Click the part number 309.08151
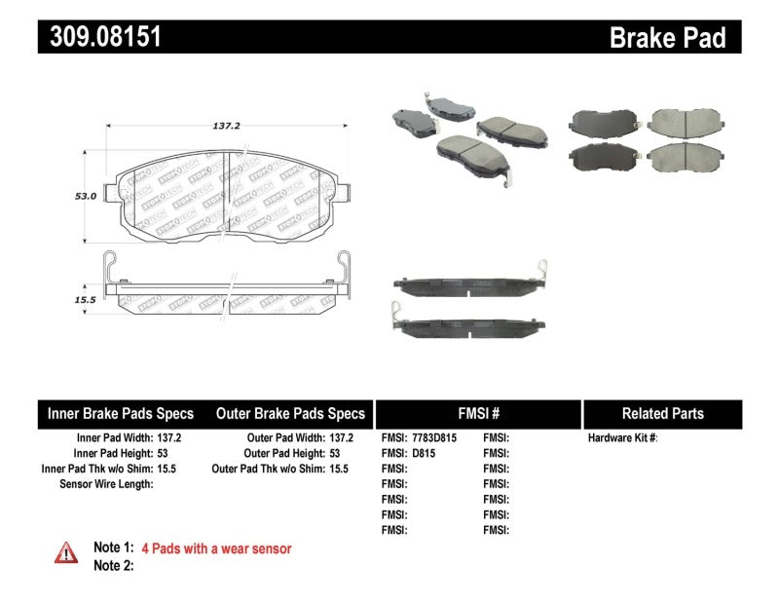tap(100, 37)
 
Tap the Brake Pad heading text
tap(667, 38)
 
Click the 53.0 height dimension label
tap(87, 196)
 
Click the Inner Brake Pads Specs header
tap(121, 413)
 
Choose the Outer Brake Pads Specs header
tap(290, 413)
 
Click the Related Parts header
tap(662, 413)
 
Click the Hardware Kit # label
tap(622, 438)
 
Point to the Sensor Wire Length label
tap(106, 483)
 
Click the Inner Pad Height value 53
tap(163, 453)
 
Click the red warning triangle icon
tap(66, 553)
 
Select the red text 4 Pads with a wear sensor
tap(216, 549)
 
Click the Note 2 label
tap(113, 565)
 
